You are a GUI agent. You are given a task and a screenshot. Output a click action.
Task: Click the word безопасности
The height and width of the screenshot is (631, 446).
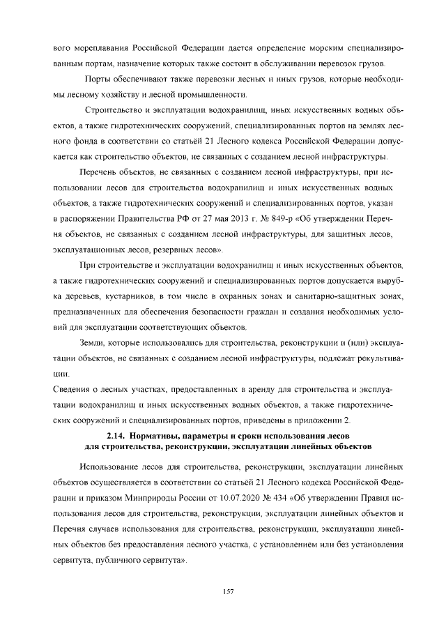click(226, 312)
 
